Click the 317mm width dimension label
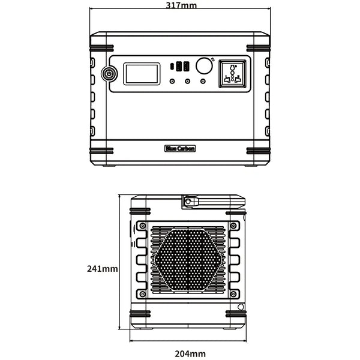180,5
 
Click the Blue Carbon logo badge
179,148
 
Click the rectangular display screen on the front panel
143,74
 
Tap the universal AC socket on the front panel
233,74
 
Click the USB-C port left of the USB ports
173,66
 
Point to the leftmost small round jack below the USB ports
173,81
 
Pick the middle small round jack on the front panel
188,81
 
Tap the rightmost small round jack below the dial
203,81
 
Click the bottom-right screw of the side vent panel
229,294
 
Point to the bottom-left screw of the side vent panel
142,294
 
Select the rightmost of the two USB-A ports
186,66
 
